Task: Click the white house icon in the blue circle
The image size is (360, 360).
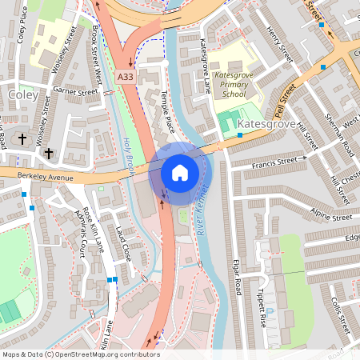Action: coord(180,172)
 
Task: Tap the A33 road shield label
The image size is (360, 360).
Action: coord(124,76)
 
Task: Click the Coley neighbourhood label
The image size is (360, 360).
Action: coord(22,95)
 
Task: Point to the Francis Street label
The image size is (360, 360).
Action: coord(279,161)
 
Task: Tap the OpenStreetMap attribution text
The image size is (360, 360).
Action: coord(81,354)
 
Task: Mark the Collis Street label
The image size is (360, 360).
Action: coord(341,315)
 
